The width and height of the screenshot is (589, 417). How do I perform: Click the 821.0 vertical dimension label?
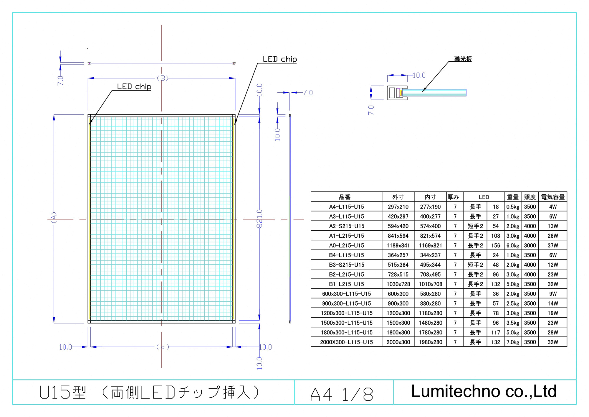click(x=259, y=219)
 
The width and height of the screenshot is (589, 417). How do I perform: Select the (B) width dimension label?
click(x=162, y=78)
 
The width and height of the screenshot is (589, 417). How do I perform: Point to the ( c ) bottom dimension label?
click(x=163, y=347)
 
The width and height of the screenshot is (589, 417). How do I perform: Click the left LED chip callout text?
click(x=134, y=86)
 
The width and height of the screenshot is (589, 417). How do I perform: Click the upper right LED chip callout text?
click(x=279, y=59)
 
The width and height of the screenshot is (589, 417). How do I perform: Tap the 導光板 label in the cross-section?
click(x=463, y=59)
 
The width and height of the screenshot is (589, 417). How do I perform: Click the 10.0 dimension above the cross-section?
click(x=419, y=75)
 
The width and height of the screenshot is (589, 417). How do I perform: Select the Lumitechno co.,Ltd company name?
click(x=484, y=391)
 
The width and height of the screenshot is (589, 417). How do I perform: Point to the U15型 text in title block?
click(x=62, y=393)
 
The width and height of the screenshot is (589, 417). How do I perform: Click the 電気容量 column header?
click(x=552, y=197)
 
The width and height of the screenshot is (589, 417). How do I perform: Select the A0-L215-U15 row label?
click(x=346, y=245)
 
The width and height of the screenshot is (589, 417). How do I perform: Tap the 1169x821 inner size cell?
click(x=430, y=245)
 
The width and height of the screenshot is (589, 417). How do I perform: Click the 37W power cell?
click(x=552, y=245)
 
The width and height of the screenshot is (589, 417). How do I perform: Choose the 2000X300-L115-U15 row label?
click(x=346, y=342)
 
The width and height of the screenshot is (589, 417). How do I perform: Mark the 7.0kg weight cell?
click(x=512, y=342)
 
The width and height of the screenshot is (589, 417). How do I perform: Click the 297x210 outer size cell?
click(x=398, y=207)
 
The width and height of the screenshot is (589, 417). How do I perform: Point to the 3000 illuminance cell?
click(x=530, y=245)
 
